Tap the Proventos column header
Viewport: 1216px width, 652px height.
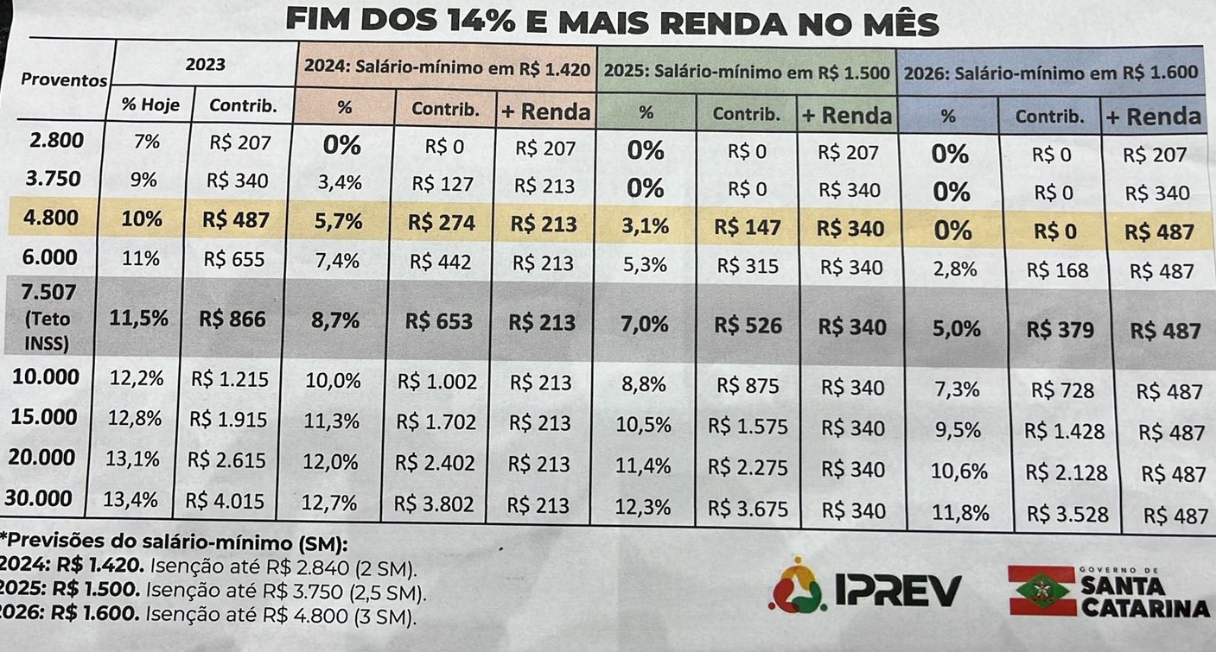click(64, 80)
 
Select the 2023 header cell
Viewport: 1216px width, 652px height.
click(205, 64)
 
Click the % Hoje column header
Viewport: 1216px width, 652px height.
click(150, 106)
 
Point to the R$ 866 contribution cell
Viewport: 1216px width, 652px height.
click(232, 320)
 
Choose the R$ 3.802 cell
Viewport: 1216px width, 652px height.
click(436, 504)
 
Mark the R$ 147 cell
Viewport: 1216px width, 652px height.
click(748, 227)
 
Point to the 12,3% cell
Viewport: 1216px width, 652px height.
click(646, 507)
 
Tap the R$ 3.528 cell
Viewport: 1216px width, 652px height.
click(1066, 514)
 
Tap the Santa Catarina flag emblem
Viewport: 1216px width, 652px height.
click(1041, 591)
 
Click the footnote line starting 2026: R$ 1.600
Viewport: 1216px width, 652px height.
click(207, 617)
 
